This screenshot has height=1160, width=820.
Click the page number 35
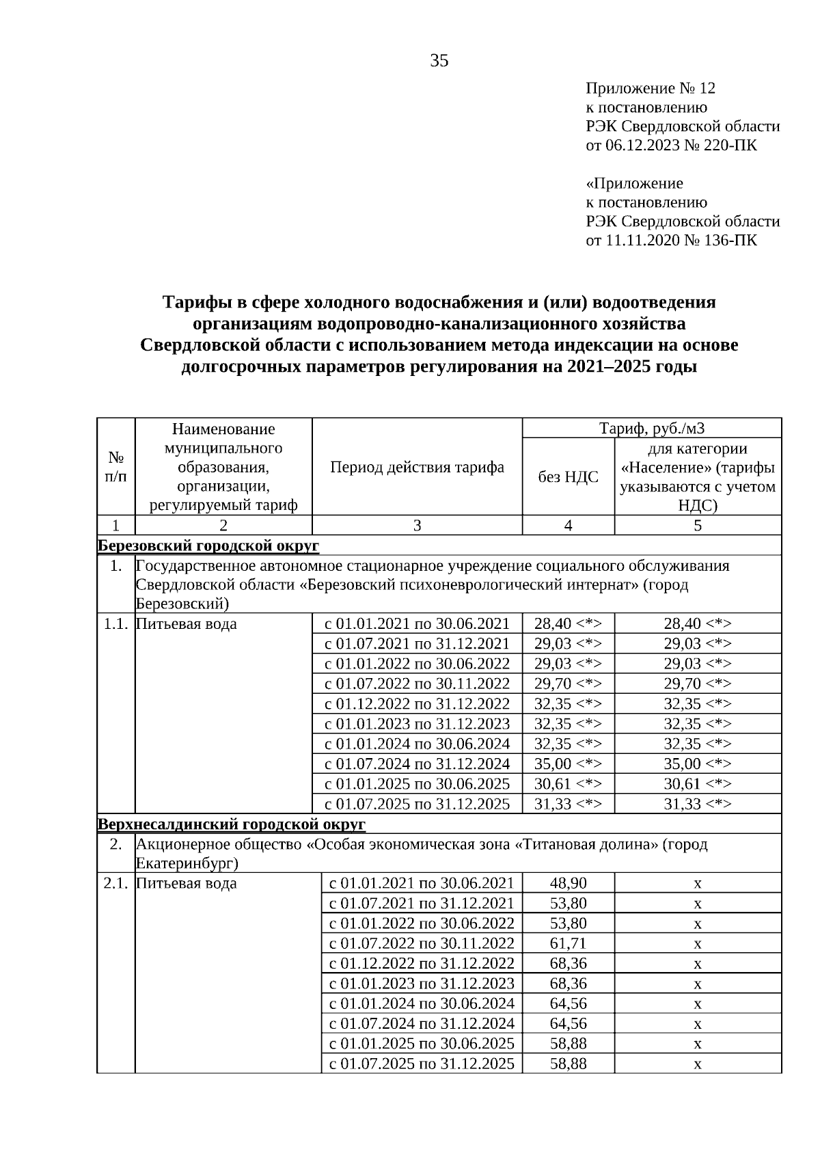coord(439,62)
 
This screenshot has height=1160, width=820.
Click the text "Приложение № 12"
coord(651,89)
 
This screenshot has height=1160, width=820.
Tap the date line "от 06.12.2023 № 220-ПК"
coord(672,146)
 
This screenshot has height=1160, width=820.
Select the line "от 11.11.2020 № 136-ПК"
coord(672,241)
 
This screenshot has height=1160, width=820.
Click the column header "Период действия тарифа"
coord(417,467)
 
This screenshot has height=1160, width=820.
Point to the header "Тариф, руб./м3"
coord(651,429)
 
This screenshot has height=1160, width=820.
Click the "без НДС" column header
coord(568,477)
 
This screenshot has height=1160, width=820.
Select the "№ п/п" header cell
coord(115,467)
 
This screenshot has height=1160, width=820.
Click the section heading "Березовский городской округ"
coord(208,546)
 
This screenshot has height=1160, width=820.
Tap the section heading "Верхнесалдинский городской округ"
coord(232,824)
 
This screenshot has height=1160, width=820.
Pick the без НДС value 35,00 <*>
coord(568,764)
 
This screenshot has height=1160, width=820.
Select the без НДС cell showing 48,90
coord(568,884)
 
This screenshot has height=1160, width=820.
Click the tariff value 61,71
coord(568,944)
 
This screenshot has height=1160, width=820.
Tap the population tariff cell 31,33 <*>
coord(698,805)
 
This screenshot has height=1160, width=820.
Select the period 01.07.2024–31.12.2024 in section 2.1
coord(422,1024)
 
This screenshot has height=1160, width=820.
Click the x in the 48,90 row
coord(698,884)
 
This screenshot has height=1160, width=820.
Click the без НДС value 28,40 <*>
coord(568,624)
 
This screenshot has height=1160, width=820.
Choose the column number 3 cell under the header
coord(417,526)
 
